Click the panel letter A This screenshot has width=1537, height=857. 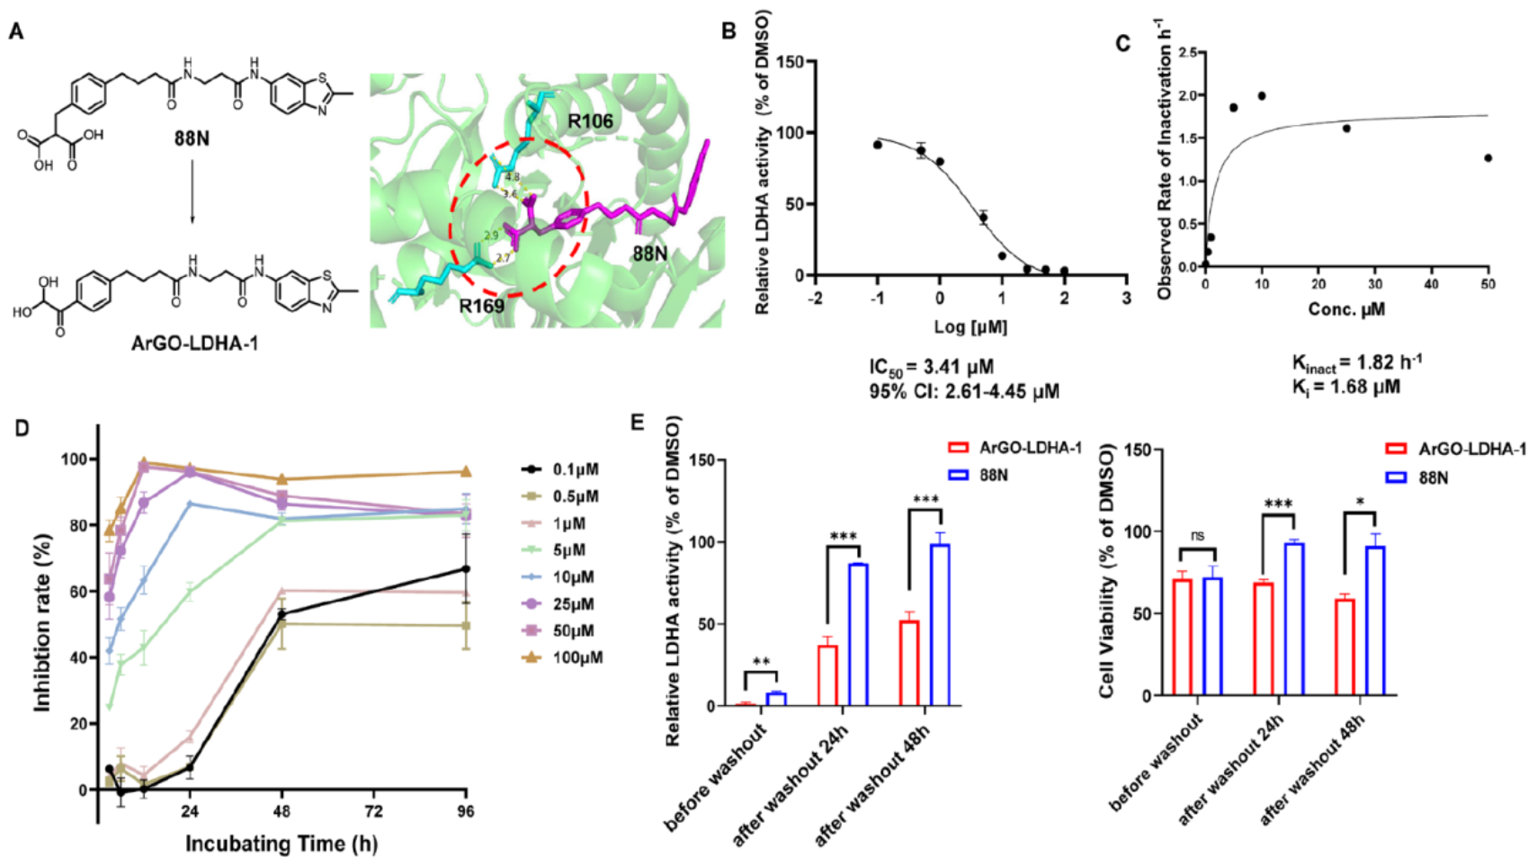16,32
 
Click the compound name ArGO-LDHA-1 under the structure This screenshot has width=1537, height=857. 194,343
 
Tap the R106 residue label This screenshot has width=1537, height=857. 590,121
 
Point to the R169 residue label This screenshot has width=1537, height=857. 481,306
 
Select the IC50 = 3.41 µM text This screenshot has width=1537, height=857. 931,367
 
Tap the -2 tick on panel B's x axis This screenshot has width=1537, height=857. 816,299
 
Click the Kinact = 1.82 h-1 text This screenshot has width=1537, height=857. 1356,362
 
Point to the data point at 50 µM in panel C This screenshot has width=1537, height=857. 1488,158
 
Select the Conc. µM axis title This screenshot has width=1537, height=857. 1345,309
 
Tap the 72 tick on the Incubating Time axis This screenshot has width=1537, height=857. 372,811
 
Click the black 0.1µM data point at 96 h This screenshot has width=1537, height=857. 465,569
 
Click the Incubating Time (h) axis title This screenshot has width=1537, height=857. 281,844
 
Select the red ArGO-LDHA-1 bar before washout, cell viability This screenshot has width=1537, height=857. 1182,637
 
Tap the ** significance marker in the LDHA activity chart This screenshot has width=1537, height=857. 761,663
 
